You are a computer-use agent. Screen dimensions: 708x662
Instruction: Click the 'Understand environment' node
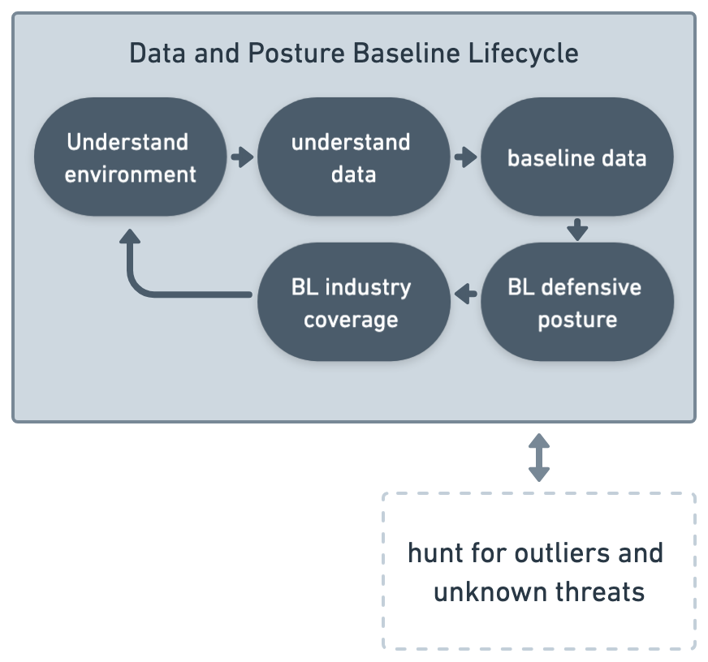coord(130,157)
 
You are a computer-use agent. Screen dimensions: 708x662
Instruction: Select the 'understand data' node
coord(353,157)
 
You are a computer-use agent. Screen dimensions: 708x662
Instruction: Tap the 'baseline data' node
coord(577,157)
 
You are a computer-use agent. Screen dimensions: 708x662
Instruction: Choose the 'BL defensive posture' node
coord(577,302)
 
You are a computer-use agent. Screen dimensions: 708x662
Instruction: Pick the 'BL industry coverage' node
coord(353,302)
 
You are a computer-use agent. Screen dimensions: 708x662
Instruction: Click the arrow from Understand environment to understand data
coord(243,157)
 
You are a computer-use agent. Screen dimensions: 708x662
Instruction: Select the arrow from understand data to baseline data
coord(466,157)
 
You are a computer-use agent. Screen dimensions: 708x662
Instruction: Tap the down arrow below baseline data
coord(577,230)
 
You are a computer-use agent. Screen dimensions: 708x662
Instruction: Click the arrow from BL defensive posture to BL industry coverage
coord(466,294)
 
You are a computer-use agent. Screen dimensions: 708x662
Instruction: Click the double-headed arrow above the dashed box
coord(539,458)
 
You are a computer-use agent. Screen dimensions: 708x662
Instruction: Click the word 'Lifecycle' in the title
coord(524,54)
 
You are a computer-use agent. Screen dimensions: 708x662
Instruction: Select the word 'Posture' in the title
coord(296,54)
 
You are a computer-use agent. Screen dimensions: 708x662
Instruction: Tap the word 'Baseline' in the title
coord(407,54)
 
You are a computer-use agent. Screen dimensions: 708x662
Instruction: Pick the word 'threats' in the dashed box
coord(600,591)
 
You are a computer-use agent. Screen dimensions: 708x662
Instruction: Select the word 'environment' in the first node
coord(131,174)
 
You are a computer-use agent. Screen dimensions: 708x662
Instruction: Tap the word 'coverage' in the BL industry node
coord(351,320)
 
